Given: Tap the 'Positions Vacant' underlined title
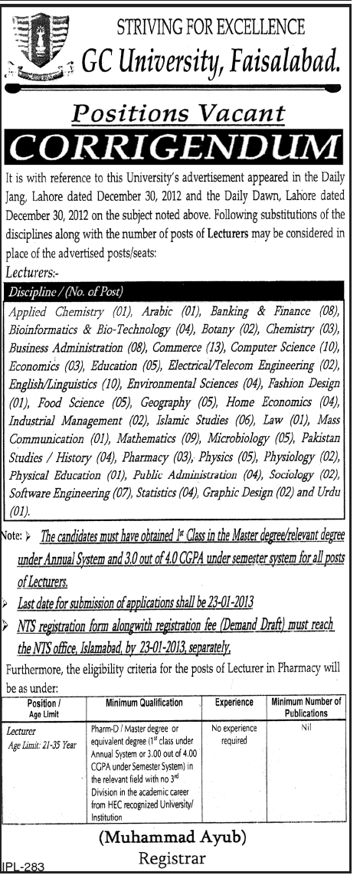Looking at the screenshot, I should tap(179, 115).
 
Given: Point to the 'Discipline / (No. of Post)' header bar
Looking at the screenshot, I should tap(66, 292).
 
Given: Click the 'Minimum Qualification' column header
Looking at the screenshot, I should tap(146, 703).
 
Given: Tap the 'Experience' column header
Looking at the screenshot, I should tap(234, 703).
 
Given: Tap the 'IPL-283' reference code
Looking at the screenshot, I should tap(23, 868).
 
